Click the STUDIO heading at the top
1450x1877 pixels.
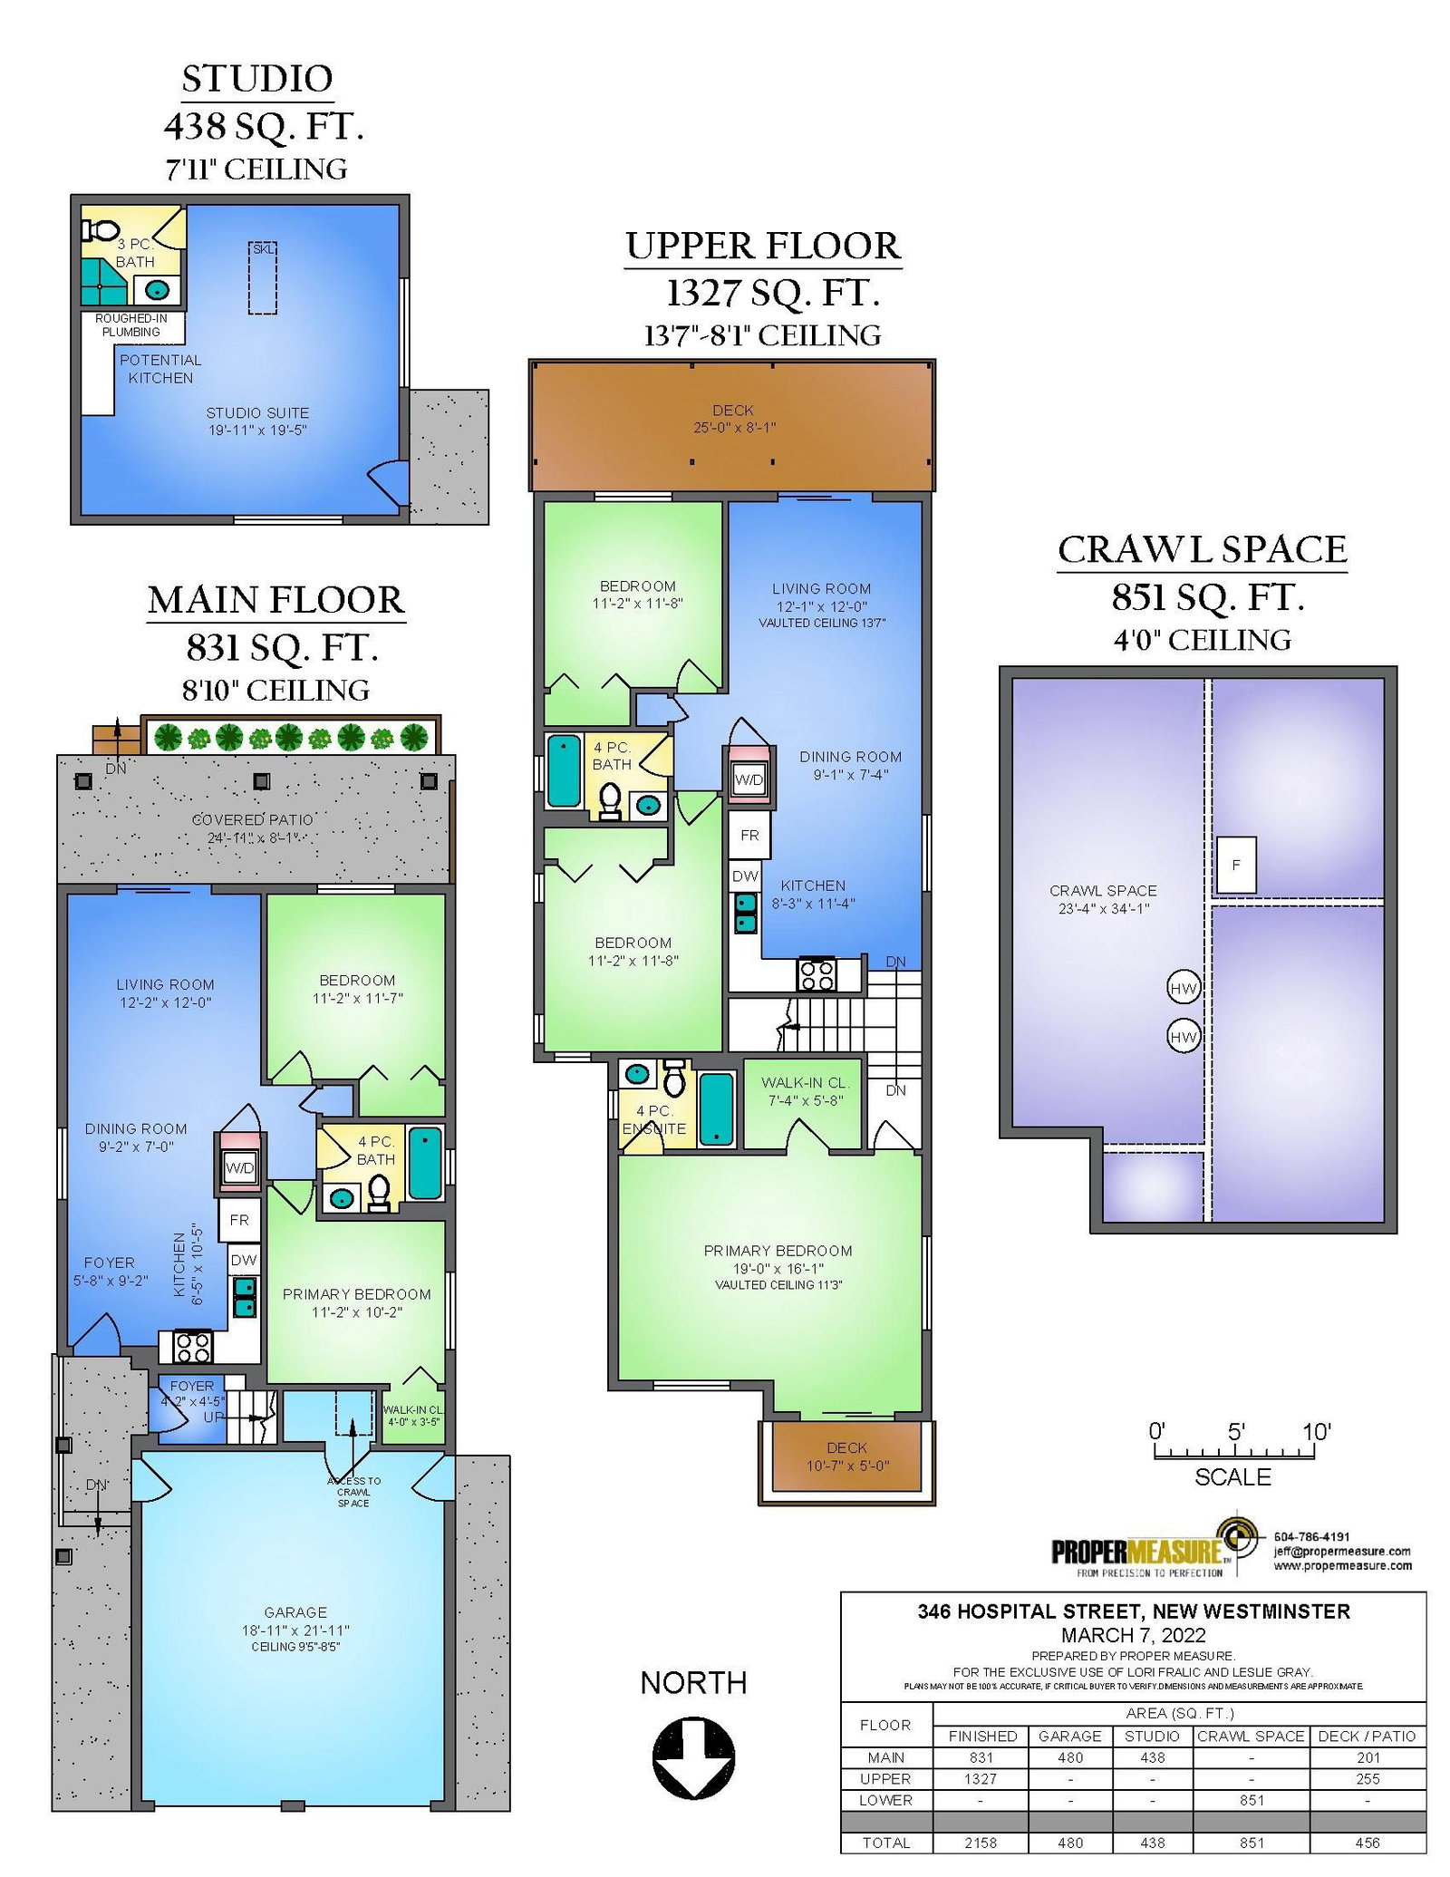click(x=257, y=79)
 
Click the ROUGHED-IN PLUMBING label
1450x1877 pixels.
click(x=131, y=325)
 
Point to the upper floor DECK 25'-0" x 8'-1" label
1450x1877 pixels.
click(x=733, y=419)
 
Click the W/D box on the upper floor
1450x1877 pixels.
click(x=749, y=779)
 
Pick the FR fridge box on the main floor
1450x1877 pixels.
click(x=239, y=1220)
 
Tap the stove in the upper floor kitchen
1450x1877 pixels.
click(x=817, y=974)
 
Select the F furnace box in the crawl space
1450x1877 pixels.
click(x=1236, y=865)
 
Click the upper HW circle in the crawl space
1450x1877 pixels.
click(x=1184, y=989)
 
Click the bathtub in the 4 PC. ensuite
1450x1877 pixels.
click(x=717, y=1108)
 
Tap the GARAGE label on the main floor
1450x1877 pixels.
click(x=295, y=1612)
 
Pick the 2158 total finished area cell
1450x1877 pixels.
click(x=981, y=1843)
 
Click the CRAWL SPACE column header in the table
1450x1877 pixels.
click(x=1251, y=1737)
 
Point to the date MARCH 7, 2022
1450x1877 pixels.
click(x=1134, y=1635)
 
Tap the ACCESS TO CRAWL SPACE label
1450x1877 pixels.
click(x=353, y=1492)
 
